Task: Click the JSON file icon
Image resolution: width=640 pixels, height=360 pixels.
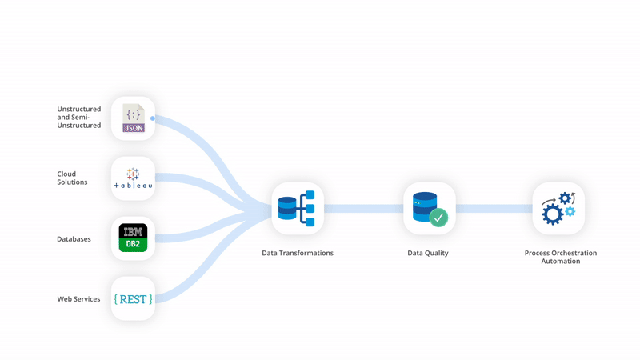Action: tap(133, 118)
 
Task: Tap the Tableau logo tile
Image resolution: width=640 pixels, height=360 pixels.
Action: tap(133, 178)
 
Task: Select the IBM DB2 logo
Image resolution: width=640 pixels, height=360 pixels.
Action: tap(133, 238)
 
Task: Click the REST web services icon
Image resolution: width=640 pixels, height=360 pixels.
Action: tap(133, 298)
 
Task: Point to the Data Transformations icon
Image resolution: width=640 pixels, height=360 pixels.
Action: tap(297, 209)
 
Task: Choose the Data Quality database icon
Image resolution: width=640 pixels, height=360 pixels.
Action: tap(429, 208)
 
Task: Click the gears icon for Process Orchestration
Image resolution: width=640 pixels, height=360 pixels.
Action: tap(558, 208)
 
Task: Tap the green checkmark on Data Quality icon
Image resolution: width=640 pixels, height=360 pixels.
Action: tap(438, 217)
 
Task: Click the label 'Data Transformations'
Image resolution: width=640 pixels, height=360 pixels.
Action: tap(298, 253)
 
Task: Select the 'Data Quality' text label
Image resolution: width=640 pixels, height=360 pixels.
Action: tap(428, 253)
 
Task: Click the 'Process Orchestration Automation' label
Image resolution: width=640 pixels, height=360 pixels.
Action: tap(560, 257)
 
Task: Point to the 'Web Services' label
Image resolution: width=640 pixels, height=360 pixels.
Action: tap(78, 299)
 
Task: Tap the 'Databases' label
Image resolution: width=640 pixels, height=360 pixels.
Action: tap(74, 238)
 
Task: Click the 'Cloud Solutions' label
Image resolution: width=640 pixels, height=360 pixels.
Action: tap(72, 178)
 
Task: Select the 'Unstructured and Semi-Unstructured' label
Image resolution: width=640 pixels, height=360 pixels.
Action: tap(78, 117)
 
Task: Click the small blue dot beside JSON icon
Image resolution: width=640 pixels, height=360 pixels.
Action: tap(153, 118)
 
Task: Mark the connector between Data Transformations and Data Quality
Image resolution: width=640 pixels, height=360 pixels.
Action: tap(363, 209)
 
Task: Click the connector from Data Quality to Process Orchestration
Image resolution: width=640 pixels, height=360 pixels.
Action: tap(494, 209)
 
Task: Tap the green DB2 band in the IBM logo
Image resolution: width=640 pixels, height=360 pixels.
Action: tap(133, 246)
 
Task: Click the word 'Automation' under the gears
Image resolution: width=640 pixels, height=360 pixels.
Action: tap(560, 262)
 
